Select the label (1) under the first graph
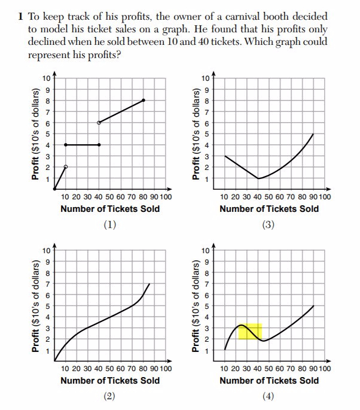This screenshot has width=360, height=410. click(109, 225)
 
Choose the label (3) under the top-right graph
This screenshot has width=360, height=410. click(269, 225)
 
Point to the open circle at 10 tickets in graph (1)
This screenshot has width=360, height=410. click(65, 166)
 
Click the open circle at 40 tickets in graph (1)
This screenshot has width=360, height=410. click(99, 122)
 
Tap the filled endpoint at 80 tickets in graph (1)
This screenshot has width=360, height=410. click(144, 100)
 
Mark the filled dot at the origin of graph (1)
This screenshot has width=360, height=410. click(54, 189)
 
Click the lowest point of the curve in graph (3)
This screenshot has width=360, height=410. click(258, 178)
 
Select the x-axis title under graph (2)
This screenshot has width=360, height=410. click(110, 381)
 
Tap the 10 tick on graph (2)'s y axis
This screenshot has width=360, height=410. click(46, 250)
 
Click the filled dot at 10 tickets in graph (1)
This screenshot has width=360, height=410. click(65, 145)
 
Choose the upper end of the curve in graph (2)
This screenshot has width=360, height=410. click(148, 284)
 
